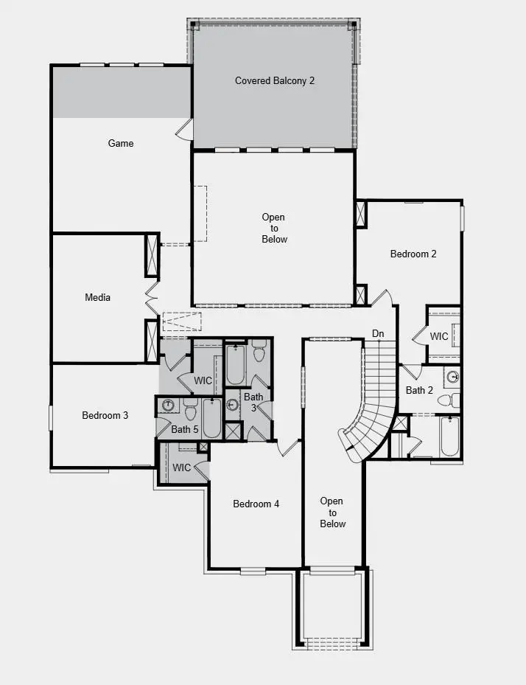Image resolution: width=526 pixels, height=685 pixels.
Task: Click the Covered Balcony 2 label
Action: (275, 80)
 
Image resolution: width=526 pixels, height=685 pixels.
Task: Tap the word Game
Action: (121, 143)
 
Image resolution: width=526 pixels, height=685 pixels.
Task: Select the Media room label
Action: (97, 297)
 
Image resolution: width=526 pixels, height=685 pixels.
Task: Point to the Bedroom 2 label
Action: (413, 254)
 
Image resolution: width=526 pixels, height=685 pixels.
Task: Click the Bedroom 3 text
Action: (105, 415)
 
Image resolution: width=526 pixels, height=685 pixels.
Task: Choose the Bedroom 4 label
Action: (256, 504)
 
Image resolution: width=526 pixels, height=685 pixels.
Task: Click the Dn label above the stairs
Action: (378, 334)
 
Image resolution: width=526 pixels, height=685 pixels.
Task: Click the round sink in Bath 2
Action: (452, 376)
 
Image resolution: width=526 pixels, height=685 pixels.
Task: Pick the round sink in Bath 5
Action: (168, 405)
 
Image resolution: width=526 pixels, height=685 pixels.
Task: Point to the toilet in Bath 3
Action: (259, 352)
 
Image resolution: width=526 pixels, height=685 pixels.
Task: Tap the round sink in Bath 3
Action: (233, 404)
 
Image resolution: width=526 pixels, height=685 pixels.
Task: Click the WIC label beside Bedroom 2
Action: (439, 336)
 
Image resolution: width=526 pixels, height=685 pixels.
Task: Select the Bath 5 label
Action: (185, 429)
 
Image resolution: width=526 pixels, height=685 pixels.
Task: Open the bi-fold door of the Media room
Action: (151, 297)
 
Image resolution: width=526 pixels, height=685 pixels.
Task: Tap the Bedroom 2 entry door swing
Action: (382, 299)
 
